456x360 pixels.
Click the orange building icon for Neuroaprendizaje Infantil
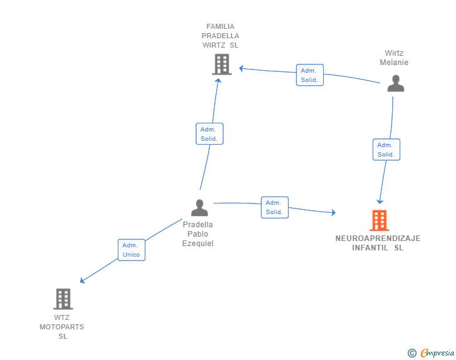(379, 220)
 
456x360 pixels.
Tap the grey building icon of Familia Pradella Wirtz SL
(222, 64)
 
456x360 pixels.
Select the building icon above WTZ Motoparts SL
(63, 299)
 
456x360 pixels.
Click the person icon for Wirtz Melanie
(395, 83)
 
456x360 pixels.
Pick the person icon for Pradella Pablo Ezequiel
(199, 208)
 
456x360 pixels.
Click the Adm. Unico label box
(132, 250)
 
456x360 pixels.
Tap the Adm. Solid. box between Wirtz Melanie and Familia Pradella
(309, 75)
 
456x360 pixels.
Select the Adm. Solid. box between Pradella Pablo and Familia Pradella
(209, 134)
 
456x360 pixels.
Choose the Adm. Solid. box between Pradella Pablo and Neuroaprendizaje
(274, 207)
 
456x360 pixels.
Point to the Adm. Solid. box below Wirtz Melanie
(386, 150)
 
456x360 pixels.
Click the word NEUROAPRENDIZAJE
(378, 239)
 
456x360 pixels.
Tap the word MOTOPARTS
(61, 327)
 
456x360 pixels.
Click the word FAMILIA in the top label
(220, 26)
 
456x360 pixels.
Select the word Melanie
(394, 63)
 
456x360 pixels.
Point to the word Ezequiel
(198, 244)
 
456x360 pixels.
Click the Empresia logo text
(437, 353)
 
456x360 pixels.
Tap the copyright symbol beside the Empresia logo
(412, 353)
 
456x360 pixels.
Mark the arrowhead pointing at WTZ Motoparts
(82, 280)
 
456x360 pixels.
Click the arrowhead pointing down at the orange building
(380, 202)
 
